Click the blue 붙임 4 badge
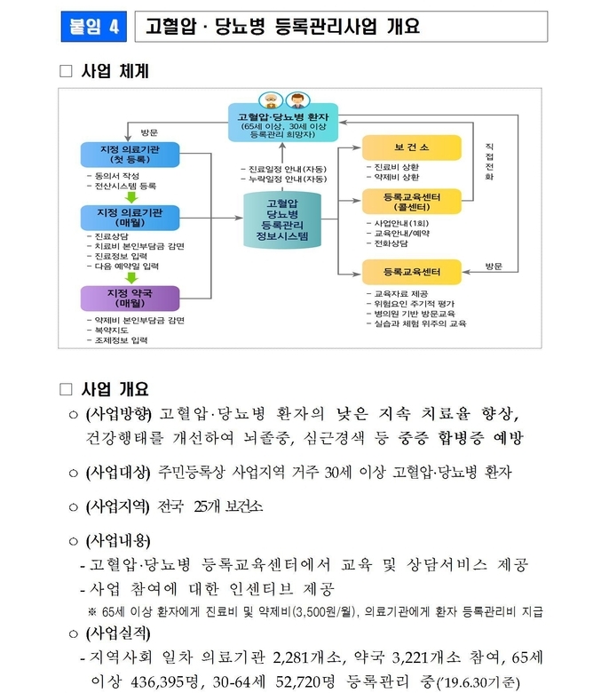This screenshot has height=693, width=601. coord(93,27)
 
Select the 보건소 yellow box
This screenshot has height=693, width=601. coord(412,147)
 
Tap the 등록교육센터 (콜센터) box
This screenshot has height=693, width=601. coord(412,202)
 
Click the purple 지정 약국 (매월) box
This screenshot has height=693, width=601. coord(130,299)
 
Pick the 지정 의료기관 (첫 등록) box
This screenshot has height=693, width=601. coord(130,155)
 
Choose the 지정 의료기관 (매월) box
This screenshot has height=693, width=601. coord(130,218)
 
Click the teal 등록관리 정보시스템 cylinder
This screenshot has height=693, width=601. coord(282,219)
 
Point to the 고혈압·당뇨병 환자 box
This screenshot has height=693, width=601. coord(283,123)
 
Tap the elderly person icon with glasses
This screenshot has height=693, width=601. coord(271,100)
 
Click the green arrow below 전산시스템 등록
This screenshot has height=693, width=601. coord(131,196)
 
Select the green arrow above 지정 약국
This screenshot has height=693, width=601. coord(131,277)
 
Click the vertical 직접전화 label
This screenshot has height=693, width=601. coord(489,162)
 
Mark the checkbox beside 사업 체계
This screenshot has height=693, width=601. coord(66,71)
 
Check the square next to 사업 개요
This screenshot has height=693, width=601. coord(66,389)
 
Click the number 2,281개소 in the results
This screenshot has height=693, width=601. coord(306,657)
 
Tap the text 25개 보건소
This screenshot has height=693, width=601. coord(228,506)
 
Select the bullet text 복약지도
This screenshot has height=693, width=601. coord(112,331)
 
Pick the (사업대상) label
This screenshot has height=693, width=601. coord(118,473)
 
